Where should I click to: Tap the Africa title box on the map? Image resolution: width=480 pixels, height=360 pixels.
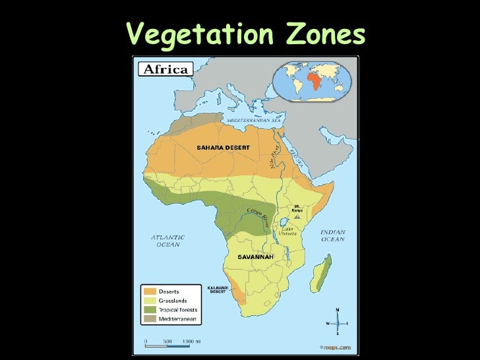pyautogui.click(x=164, y=69)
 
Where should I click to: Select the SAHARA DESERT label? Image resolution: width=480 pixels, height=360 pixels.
pyautogui.click(x=224, y=148)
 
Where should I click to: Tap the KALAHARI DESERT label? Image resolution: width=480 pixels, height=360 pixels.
pyautogui.click(x=218, y=289)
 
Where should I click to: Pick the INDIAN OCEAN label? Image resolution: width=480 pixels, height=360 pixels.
pyautogui.click(x=332, y=235)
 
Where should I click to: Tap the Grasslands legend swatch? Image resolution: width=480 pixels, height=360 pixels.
pyautogui.click(x=149, y=301)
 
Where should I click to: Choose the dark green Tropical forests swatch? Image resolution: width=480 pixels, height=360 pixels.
pyautogui.click(x=149, y=310)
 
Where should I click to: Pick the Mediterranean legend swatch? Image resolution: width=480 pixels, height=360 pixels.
pyautogui.click(x=149, y=319)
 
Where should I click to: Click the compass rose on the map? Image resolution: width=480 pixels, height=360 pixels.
pyautogui.click(x=338, y=323)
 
